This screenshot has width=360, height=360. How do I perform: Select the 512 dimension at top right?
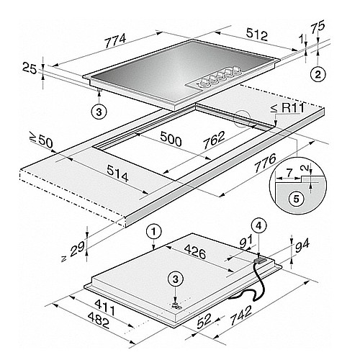pyautogui.click(x=257, y=33)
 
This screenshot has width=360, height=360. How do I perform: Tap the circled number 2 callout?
pyautogui.click(x=318, y=75)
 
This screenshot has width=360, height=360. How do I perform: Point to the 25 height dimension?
pyautogui.click(x=30, y=68)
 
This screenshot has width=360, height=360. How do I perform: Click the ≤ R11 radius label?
pyautogui.click(x=287, y=109)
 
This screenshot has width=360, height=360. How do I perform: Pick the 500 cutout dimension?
pyautogui.click(x=171, y=139)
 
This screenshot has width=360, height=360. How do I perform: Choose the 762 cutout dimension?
pyautogui.click(x=215, y=140)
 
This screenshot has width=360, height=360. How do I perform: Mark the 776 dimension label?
pyautogui.click(x=266, y=163)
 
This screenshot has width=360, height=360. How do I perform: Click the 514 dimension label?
pyautogui.click(x=117, y=174)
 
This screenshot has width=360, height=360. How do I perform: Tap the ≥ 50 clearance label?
pyautogui.click(x=41, y=140)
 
